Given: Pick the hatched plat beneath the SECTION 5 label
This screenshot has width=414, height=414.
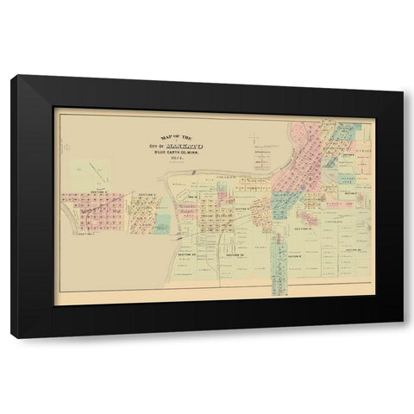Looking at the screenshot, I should click(x=137, y=214).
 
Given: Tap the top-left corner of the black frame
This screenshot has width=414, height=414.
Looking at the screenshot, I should click(x=12, y=77).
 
